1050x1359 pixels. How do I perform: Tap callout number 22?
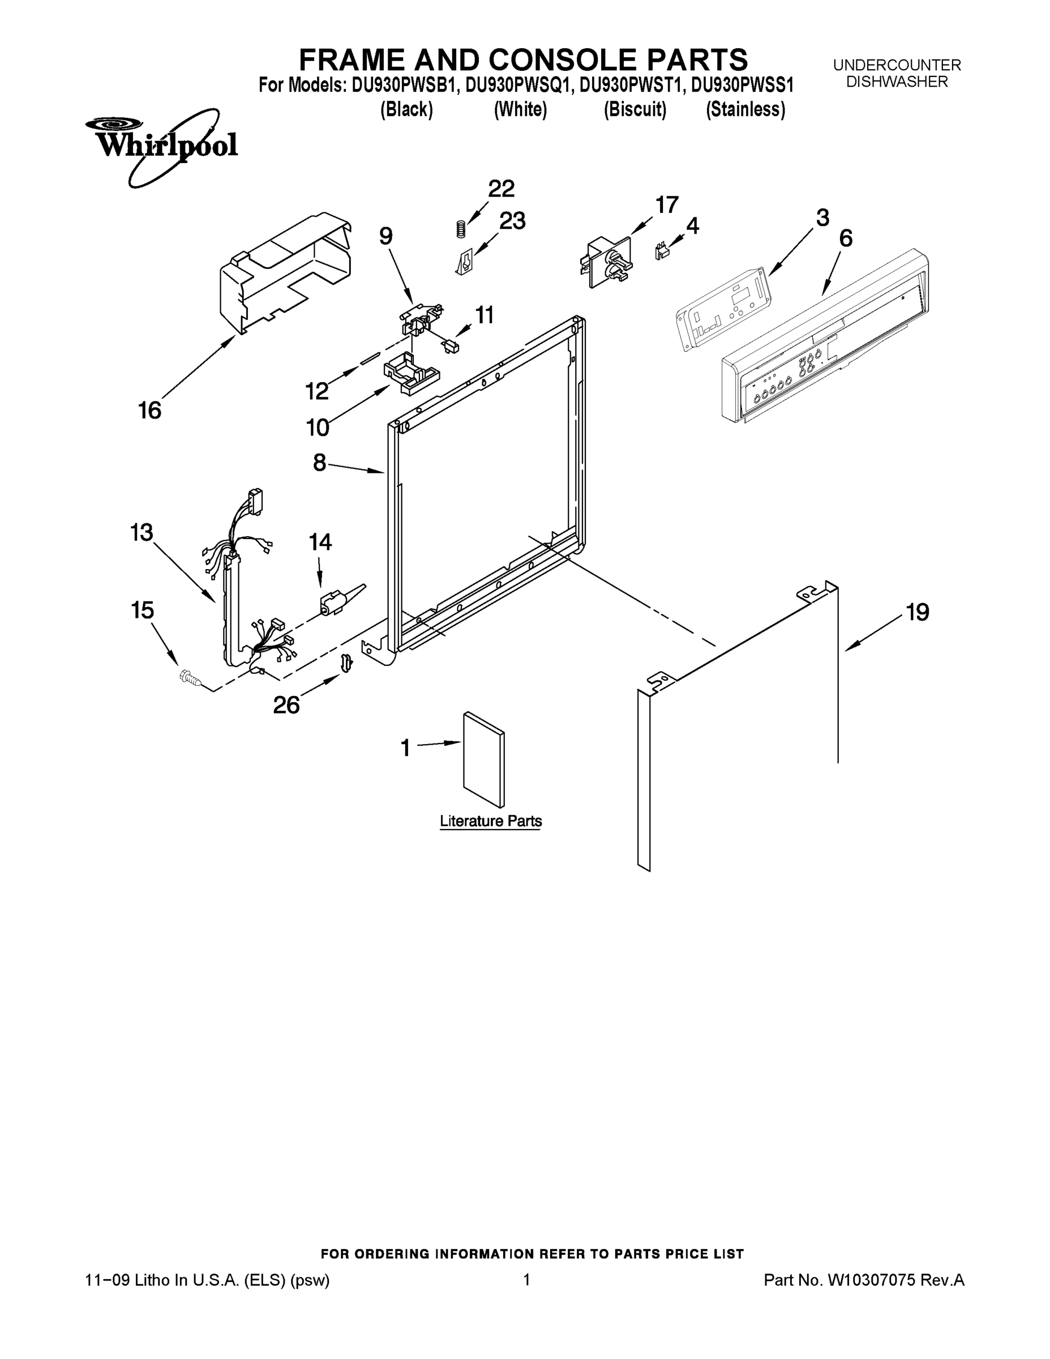pyautogui.click(x=501, y=189)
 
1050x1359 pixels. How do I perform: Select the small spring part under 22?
pyautogui.click(x=460, y=229)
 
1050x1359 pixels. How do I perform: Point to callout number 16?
pyautogui.click(x=149, y=411)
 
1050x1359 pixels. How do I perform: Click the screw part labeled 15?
pyautogui.click(x=189, y=678)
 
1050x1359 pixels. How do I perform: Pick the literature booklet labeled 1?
pyautogui.click(x=483, y=759)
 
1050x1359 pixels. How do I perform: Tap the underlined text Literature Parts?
pyautogui.click(x=491, y=820)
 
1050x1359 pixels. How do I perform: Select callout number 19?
pyautogui.click(x=918, y=612)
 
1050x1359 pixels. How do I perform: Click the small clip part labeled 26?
pyautogui.click(x=346, y=663)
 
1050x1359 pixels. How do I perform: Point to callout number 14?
pyautogui.click(x=320, y=542)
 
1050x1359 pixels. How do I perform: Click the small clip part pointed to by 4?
pyautogui.click(x=661, y=251)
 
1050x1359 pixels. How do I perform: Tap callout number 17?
pyautogui.click(x=667, y=205)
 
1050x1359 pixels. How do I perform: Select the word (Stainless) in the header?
pyautogui.click(x=745, y=109)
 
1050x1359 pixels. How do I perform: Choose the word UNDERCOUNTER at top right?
pyautogui.click(x=897, y=65)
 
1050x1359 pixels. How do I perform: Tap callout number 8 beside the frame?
pyautogui.click(x=319, y=462)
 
